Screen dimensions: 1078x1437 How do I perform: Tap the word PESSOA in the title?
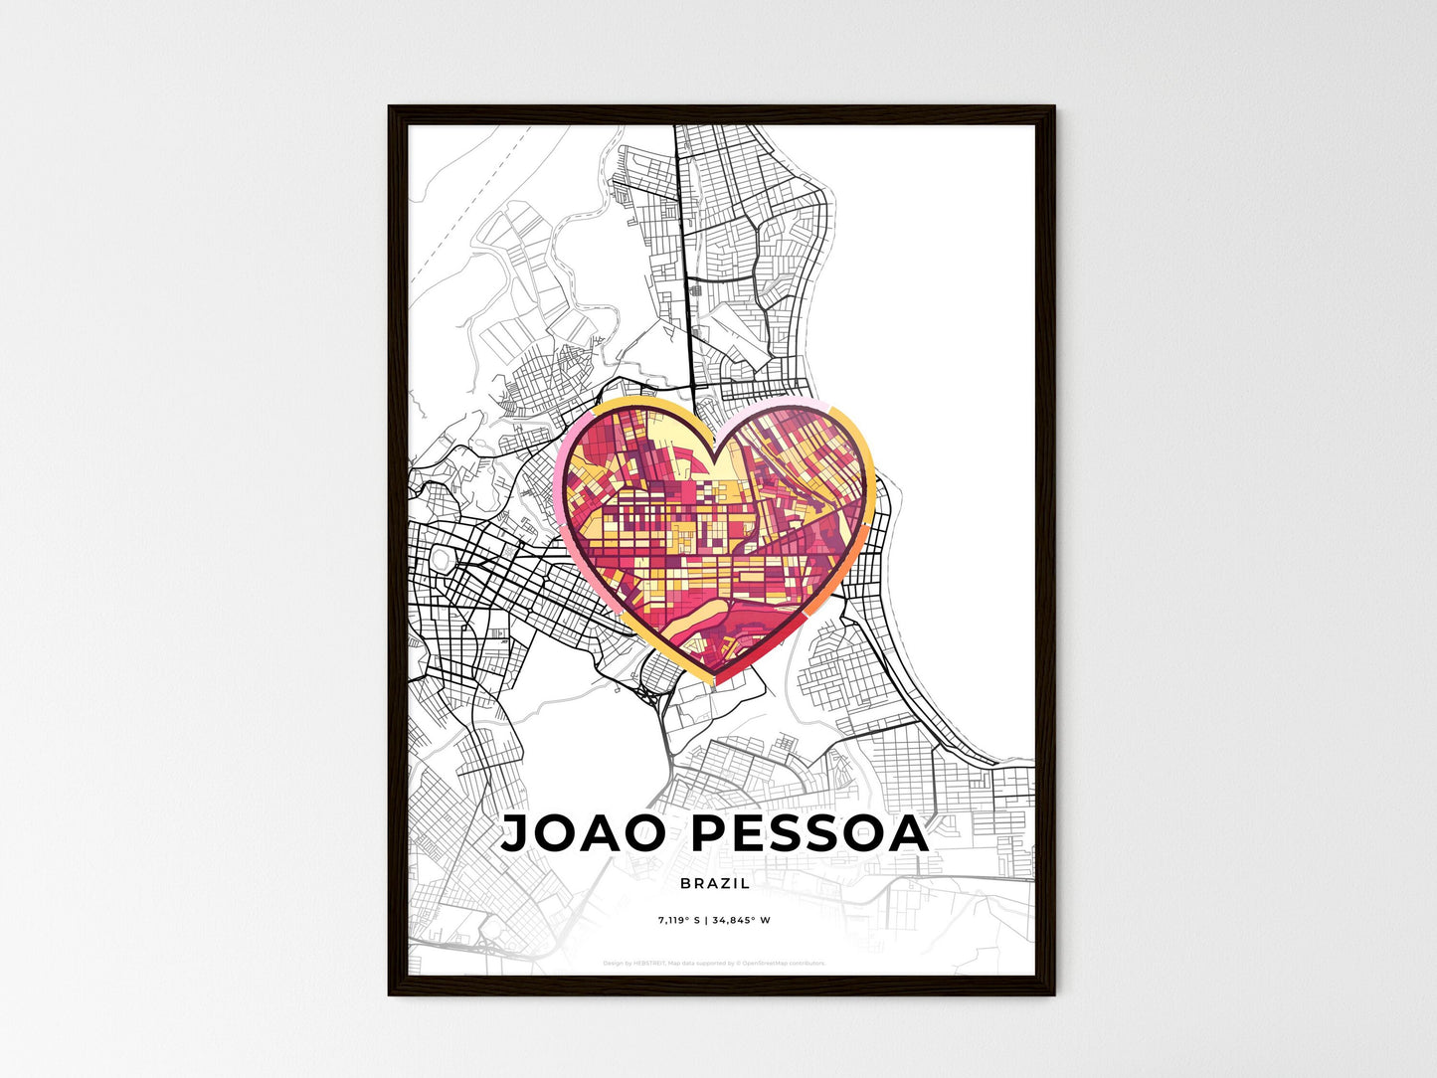[x=809, y=833]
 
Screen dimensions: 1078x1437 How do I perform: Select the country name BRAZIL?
[x=715, y=883]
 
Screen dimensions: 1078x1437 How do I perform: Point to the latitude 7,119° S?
[x=679, y=920]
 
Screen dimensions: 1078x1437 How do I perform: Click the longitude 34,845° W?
[x=741, y=920]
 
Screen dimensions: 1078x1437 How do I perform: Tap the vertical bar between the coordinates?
[x=706, y=920]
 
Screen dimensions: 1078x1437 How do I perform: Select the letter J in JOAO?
[x=516, y=833]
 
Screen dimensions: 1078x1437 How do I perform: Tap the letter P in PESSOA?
[x=709, y=833]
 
